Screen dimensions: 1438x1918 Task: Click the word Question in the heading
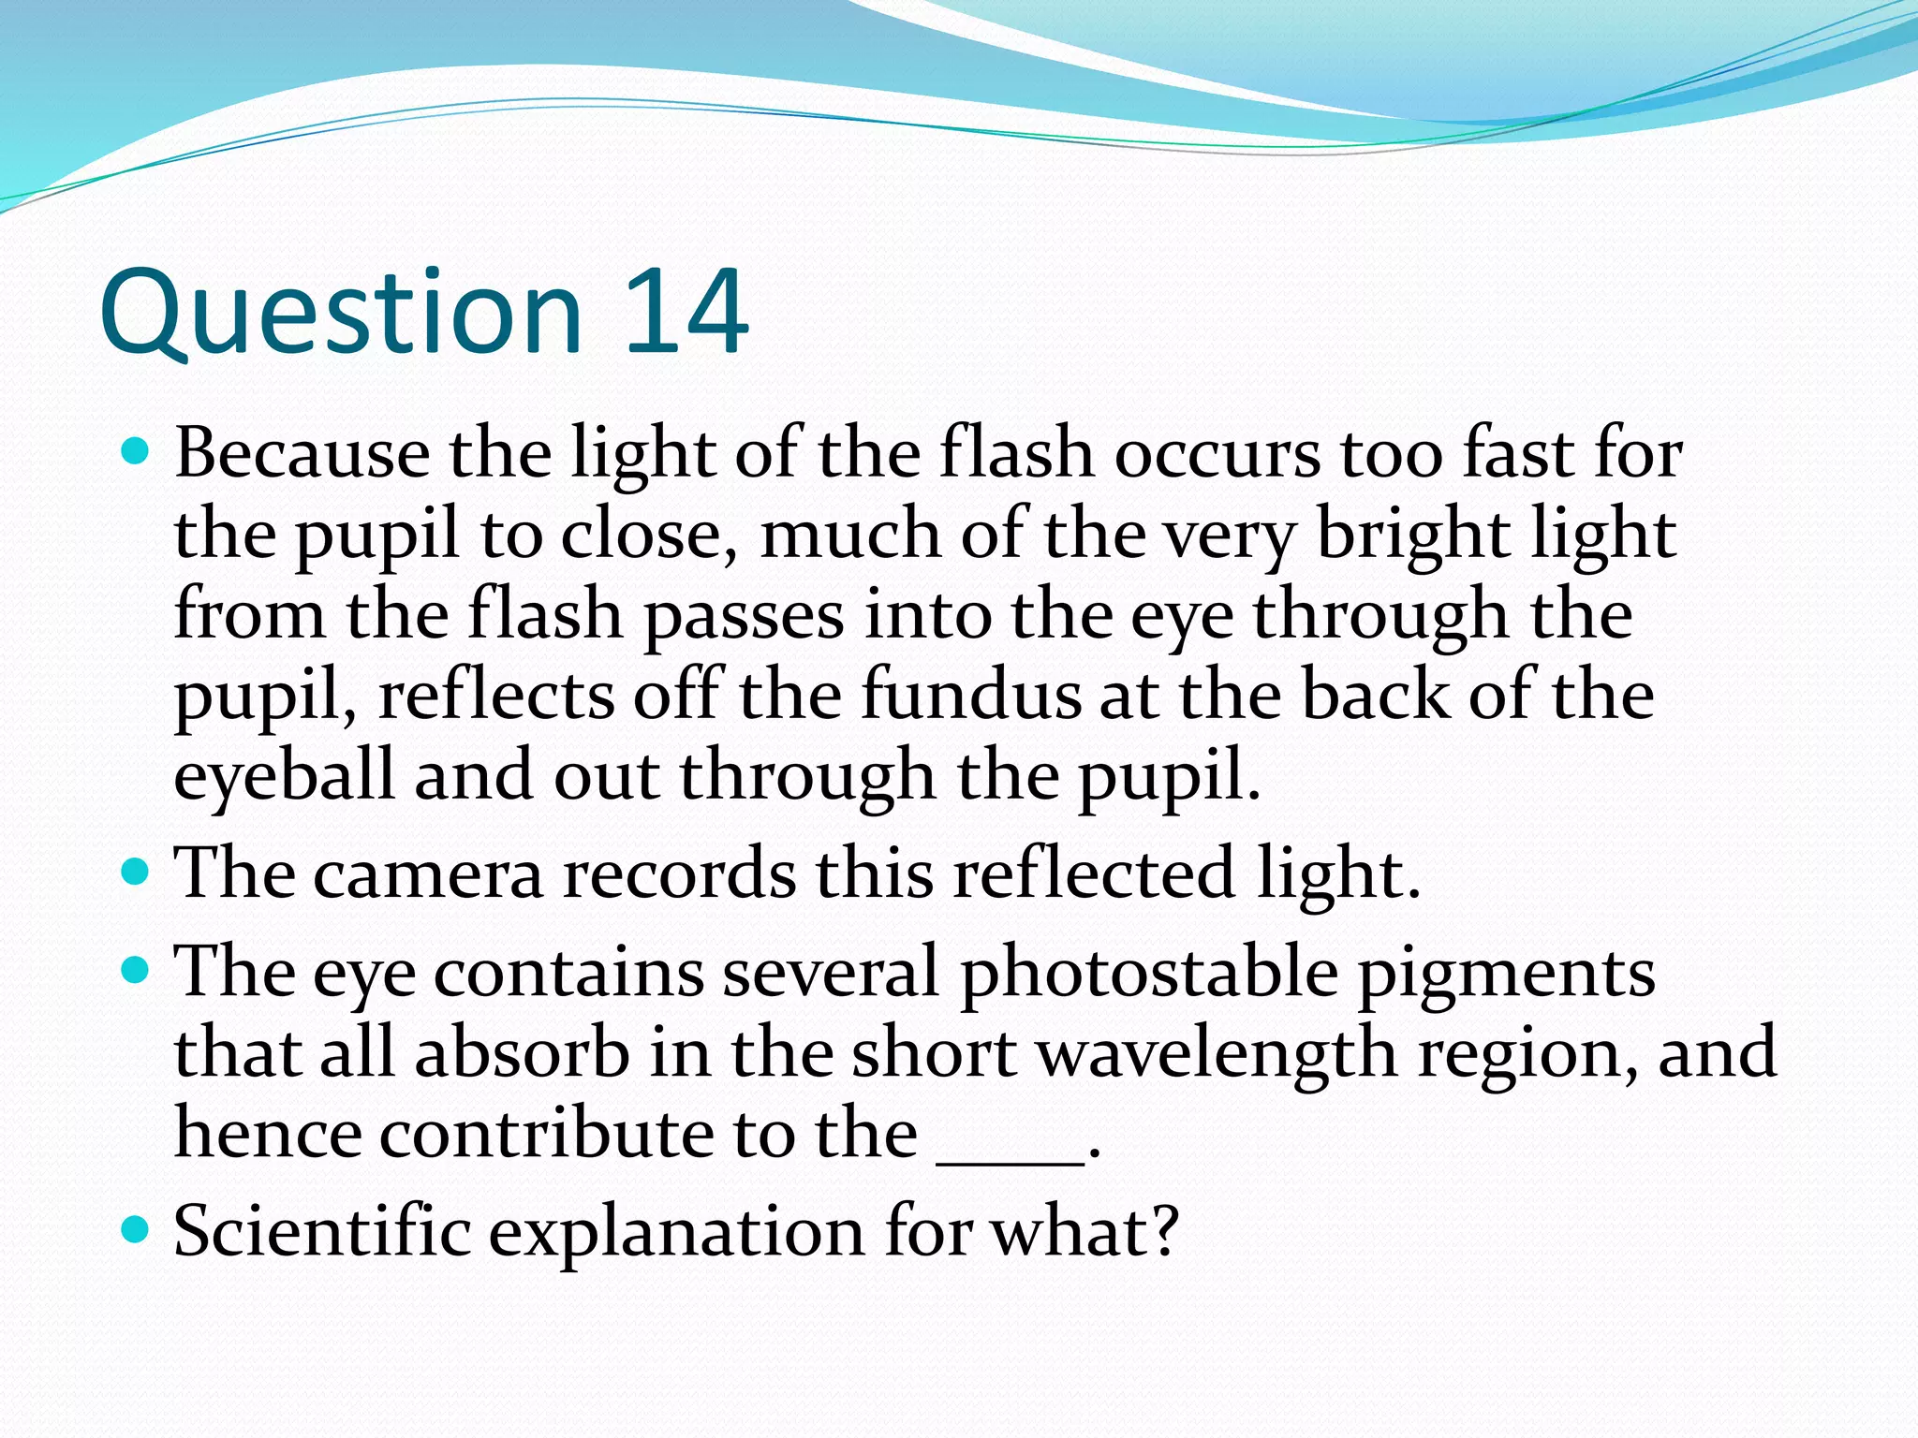coord(341,314)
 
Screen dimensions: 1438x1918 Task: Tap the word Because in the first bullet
coord(302,454)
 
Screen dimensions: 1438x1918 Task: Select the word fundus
coord(970,696)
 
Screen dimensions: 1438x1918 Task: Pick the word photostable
coord(1150,972)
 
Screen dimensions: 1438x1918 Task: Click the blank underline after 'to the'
coord(1011,1161)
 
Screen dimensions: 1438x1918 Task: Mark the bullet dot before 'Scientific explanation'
coord(136,1228)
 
